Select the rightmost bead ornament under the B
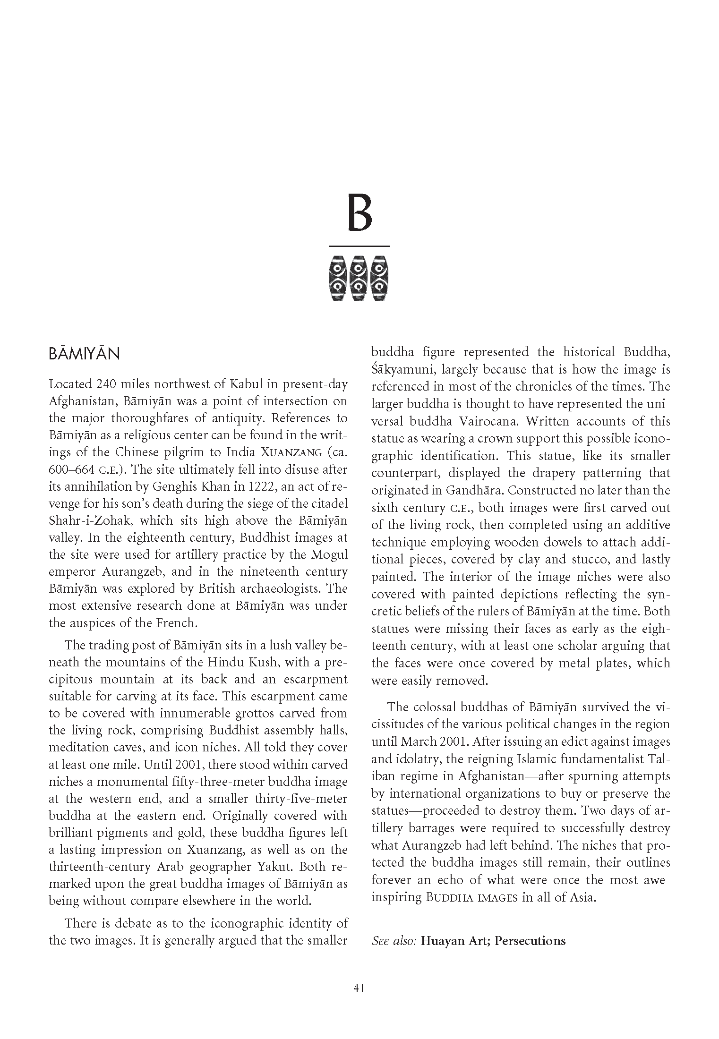(379, 278)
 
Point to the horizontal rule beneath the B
(359, 246)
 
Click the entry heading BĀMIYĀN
(84, 354)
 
